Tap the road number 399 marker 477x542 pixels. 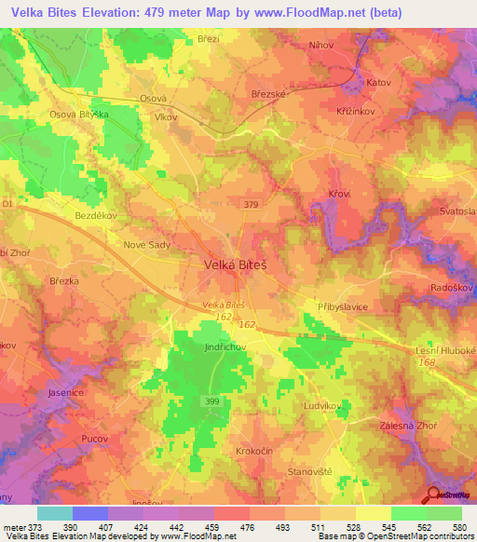click(212, 400)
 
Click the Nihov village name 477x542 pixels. click(321, 44)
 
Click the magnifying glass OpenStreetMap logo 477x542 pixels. click(434, 496)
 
